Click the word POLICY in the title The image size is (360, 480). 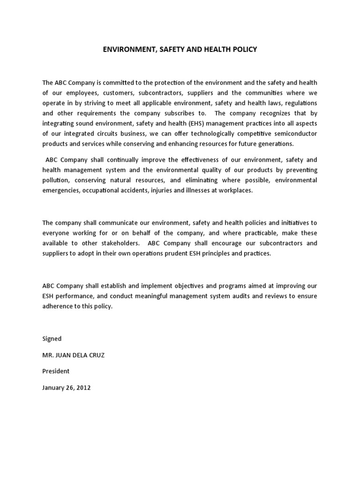click(245, 49)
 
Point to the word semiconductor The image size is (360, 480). click(295, 134)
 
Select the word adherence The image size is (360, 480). click(58, 306)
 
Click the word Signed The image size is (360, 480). click(52, 338)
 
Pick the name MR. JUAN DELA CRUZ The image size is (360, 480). click(73, 355)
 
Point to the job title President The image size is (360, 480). click(56, 371)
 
